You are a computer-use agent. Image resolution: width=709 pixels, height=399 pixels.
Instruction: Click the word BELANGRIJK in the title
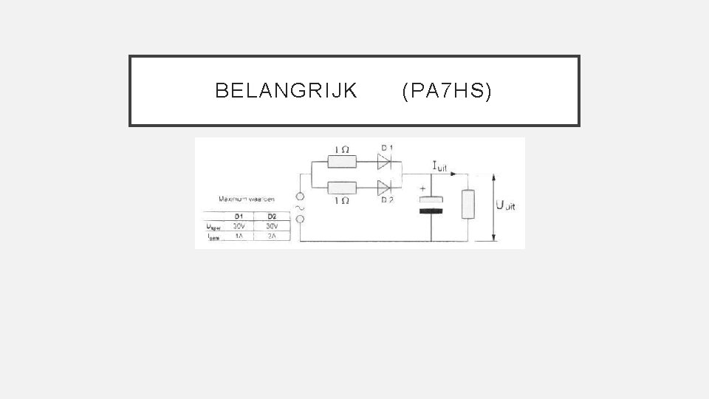tap(286, 91)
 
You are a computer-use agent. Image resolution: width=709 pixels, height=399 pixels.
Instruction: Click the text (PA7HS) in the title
tap(446, 91)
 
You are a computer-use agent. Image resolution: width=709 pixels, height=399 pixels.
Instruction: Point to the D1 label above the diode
tap(386, 148)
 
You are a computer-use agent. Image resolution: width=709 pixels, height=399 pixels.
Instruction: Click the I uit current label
tap(439, 168)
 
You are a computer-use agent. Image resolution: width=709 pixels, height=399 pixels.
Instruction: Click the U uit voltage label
tap(506, 206)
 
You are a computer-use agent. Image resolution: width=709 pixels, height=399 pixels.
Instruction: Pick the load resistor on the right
tap(467, 204)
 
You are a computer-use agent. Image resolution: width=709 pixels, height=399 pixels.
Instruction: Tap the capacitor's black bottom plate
tap(431, 211)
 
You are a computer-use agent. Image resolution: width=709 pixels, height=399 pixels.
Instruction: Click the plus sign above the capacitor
tap(422, 189)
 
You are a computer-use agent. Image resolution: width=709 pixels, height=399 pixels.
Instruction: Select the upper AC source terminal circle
tap(301, 198)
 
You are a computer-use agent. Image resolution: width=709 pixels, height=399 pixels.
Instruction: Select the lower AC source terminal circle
tap(301, 219)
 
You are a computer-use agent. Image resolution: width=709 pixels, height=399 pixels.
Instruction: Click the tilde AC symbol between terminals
tap(301, 208)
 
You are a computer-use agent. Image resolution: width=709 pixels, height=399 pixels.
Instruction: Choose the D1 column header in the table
tap(239, 216)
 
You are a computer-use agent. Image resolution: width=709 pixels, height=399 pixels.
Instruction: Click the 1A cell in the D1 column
tap(239, 236)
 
